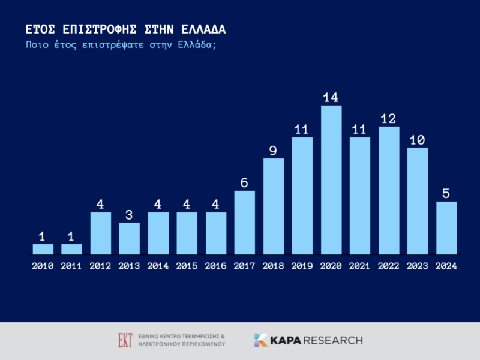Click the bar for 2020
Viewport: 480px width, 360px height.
(331, 180)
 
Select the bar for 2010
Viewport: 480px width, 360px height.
(43, 249)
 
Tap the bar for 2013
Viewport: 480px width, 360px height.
(130, 238)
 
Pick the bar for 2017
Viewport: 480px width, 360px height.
(245, 223)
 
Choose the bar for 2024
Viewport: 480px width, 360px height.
(446, 228)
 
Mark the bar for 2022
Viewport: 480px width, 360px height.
(389, 190)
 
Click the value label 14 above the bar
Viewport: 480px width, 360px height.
(331, 97)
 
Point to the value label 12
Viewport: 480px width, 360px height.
(389, 118)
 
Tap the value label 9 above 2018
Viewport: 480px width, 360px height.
(274, 150)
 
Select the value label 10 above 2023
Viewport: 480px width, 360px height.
(418, 139)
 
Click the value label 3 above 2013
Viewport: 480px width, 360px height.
(130, 214)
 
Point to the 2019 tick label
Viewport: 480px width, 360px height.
(302, 266)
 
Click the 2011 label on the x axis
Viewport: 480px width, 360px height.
(72, 266)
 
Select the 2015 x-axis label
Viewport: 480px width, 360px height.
(187, 266)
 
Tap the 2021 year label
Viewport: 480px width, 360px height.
(360, 266)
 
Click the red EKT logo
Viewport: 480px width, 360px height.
(125, 340)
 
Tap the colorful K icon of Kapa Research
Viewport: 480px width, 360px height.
(261, 340)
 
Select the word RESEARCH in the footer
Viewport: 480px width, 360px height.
(333, 340)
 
